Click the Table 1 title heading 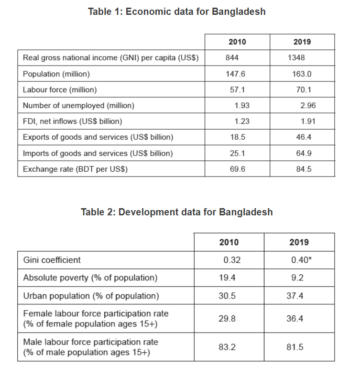[176, 12]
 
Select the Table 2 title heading [176, 212]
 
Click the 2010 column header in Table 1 [237, 42]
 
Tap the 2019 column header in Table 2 [299, 242]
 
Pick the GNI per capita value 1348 [296, 58]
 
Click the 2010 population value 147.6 [235, 74]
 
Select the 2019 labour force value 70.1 [301, 89]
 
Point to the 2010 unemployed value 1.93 [242, 105]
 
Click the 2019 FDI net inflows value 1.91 [308, 122]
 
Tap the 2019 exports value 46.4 [304, 137]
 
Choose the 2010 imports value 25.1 [237, 153]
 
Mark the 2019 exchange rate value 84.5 [304, 169]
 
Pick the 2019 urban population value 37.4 [295, 296]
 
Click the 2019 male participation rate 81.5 [295, 347]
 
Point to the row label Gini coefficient [52, 260]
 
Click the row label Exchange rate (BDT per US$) [75, 169]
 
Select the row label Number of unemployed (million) [78, 105]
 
